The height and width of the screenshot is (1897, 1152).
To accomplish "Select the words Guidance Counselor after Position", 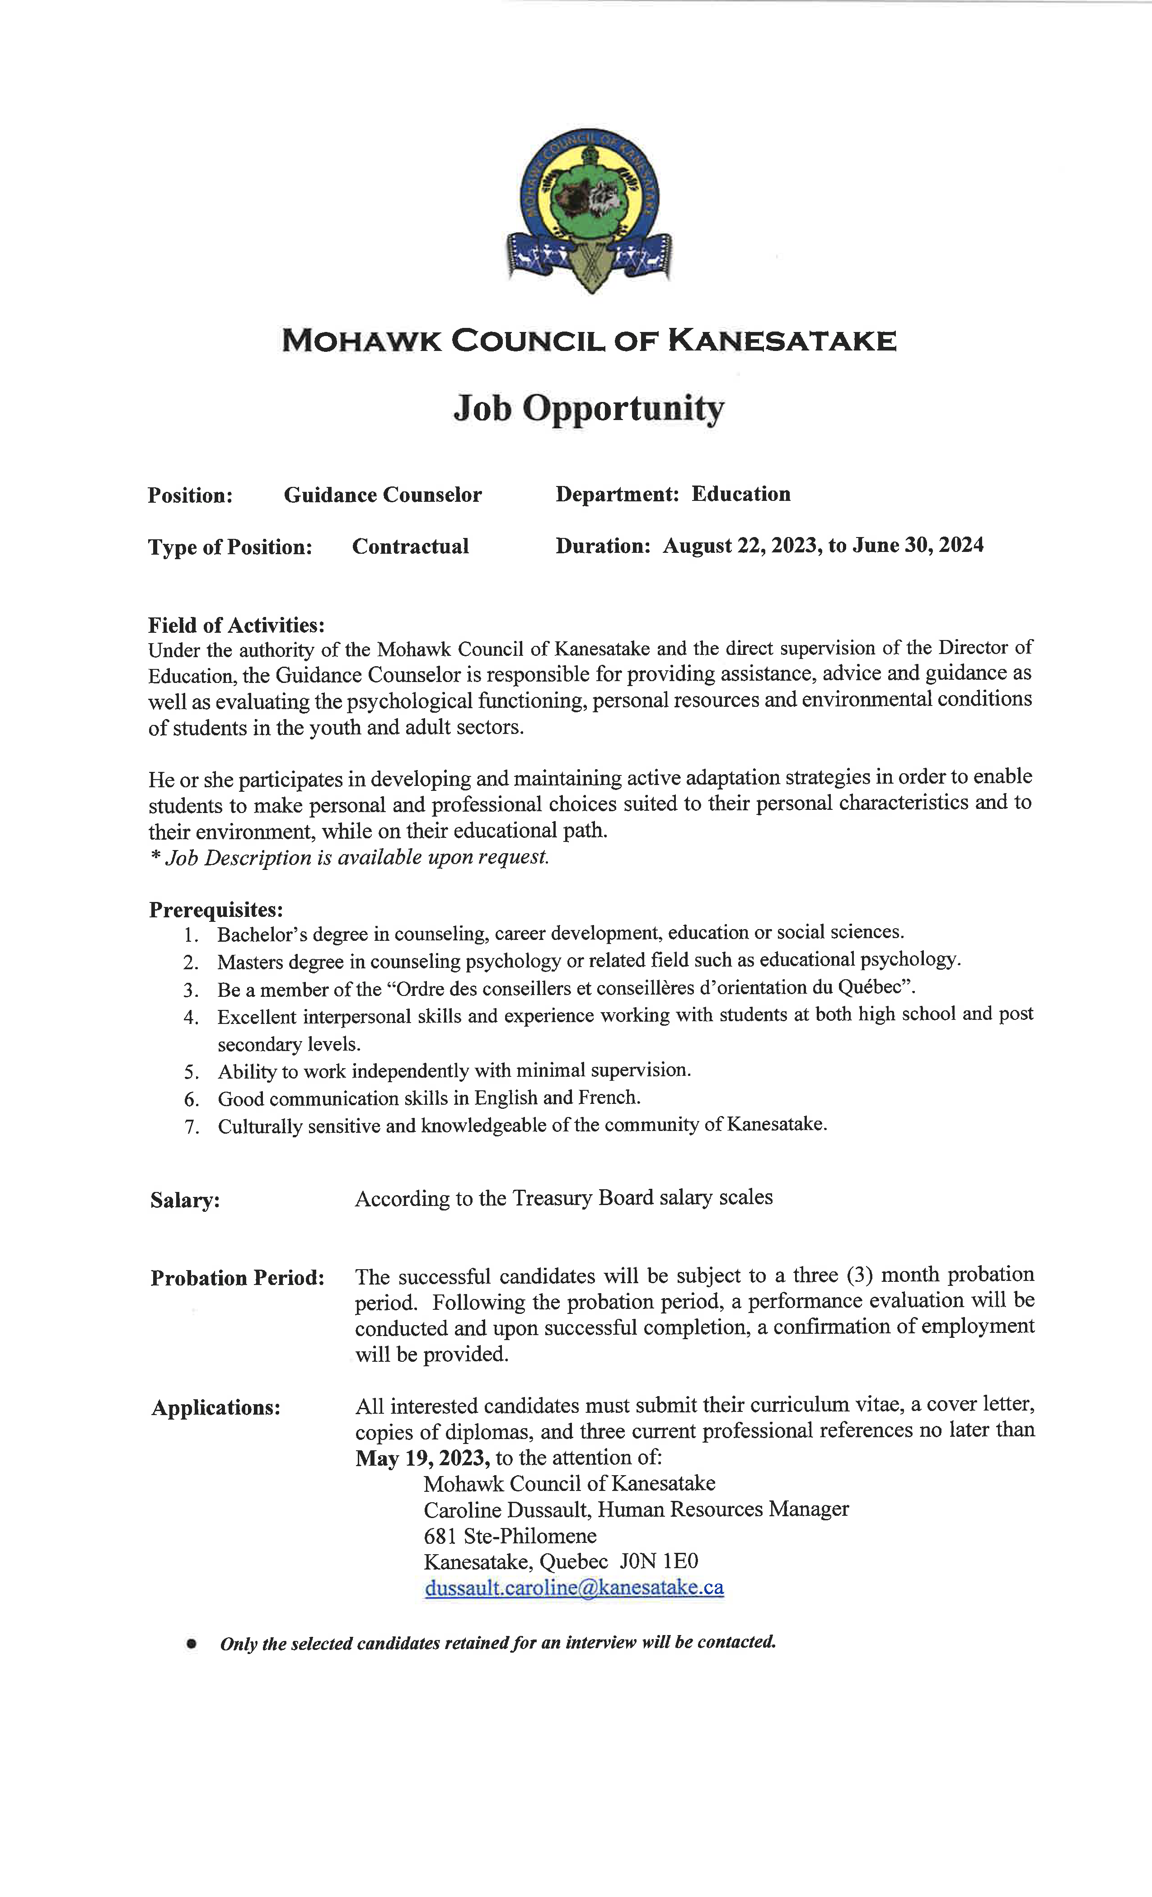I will click(x=383, y=495).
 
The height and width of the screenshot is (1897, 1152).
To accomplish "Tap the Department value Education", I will click(x=741, y=494).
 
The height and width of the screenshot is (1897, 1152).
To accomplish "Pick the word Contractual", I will click(x=411, y=547).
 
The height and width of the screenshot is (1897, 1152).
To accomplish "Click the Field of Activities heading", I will click(x=236, y=624).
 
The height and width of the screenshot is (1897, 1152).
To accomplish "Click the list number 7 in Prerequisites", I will click(x=192, y=1127).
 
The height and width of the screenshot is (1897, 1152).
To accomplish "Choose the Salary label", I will click(x=185, y=1200).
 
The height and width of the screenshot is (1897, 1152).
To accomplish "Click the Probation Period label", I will click(x=237, y=1278).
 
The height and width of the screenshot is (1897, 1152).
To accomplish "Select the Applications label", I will click(x=215, y=1408).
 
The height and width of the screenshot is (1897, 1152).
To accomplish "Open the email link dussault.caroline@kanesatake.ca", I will click(x=574, y=1588).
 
